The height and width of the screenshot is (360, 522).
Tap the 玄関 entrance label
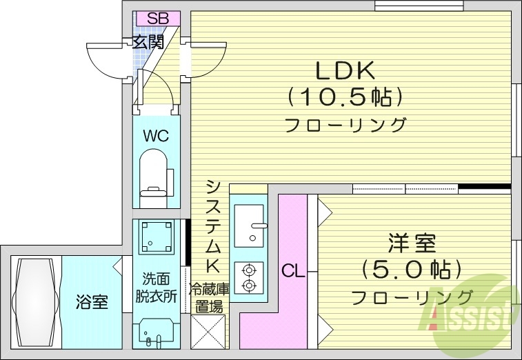pos(148,41)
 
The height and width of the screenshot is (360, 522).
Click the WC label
pos(155,135)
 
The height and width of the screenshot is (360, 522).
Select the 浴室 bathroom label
pos(91,302)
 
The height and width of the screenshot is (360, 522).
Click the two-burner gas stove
pos(248,278)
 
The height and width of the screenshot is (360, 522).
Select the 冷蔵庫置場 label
pos(208,298)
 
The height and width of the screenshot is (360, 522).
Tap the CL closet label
pos(292,271)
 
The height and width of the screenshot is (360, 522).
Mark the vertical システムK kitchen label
pos(214,227)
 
